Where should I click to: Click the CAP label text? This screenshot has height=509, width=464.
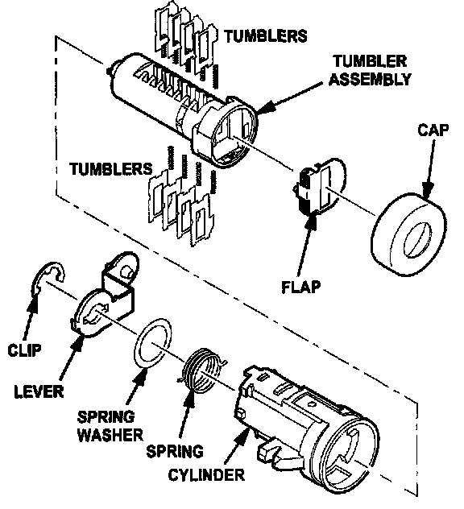[433, 130]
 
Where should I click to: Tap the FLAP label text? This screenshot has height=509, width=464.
[301, 287]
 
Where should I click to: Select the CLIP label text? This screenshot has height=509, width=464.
[25, 350]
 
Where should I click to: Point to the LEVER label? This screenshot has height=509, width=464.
[39, 391]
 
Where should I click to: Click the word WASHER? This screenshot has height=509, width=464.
[110, 435]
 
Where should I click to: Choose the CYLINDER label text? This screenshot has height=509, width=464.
[206, 475]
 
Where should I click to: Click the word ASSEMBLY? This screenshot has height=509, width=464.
[370, 79]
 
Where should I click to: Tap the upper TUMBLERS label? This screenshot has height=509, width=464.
[266, 35]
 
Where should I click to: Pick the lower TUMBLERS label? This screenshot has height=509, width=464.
[111, 169]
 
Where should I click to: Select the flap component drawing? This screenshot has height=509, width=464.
[320, 187]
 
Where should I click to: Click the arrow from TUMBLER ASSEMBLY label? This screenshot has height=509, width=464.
[290, 97]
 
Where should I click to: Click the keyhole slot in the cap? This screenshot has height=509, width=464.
[417, 240]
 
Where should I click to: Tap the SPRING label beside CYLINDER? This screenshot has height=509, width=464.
[175, 452]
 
